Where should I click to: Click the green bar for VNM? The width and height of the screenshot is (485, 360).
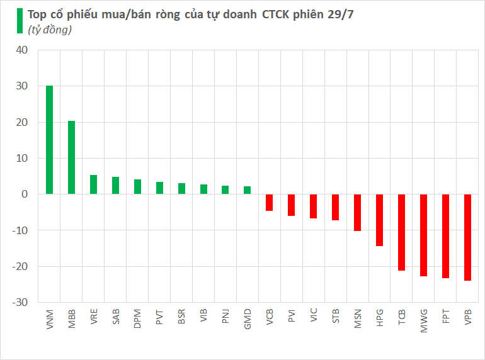(49, 140)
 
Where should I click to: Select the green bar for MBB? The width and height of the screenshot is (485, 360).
(71, 157)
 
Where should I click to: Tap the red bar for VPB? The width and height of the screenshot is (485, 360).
(467, 237)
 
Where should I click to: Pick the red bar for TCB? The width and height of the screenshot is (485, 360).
(401, 232)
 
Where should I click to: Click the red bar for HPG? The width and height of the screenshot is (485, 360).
(379, 220)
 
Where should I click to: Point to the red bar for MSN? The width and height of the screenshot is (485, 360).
(357, 213)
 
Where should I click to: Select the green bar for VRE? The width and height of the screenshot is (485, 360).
(93, 184)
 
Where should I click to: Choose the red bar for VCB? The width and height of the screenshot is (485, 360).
(269, 203)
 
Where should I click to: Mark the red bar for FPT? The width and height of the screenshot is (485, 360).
(445, 236)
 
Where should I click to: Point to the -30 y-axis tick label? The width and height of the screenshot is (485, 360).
(19, 303)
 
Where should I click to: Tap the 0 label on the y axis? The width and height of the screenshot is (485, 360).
(25, 194)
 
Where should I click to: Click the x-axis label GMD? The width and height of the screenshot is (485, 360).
(248, 316)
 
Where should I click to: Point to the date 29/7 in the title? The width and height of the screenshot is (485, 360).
(341, 14)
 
